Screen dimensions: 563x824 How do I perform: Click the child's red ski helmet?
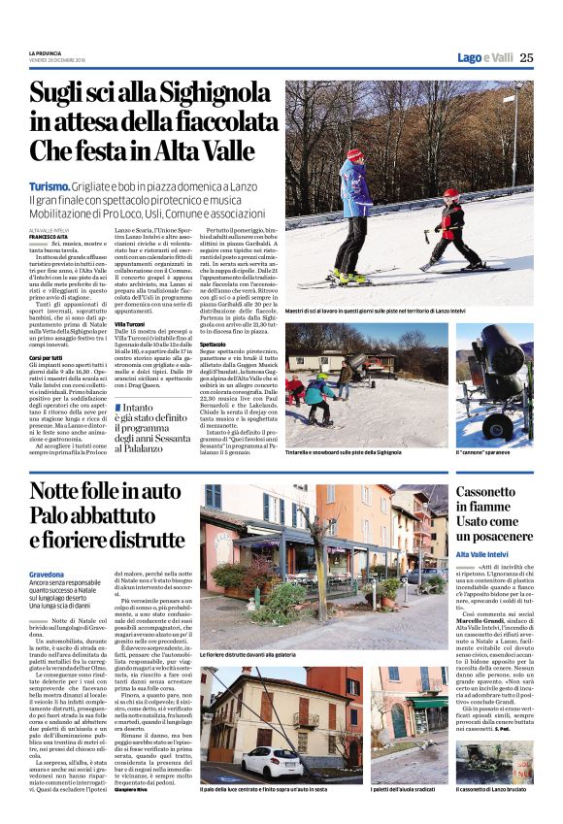click(x=450, y=194)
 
